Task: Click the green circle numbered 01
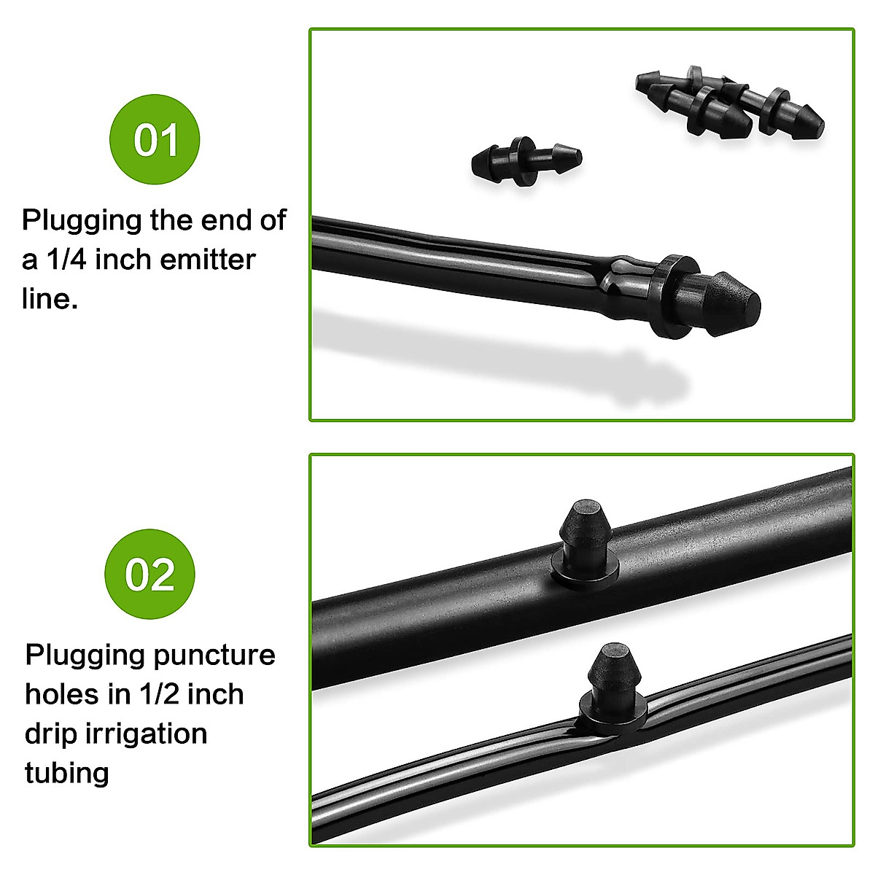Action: click(155, 139)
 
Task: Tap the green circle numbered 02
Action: click(150, 574)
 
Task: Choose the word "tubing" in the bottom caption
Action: click(66, 772)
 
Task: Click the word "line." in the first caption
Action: click(50, 298)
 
